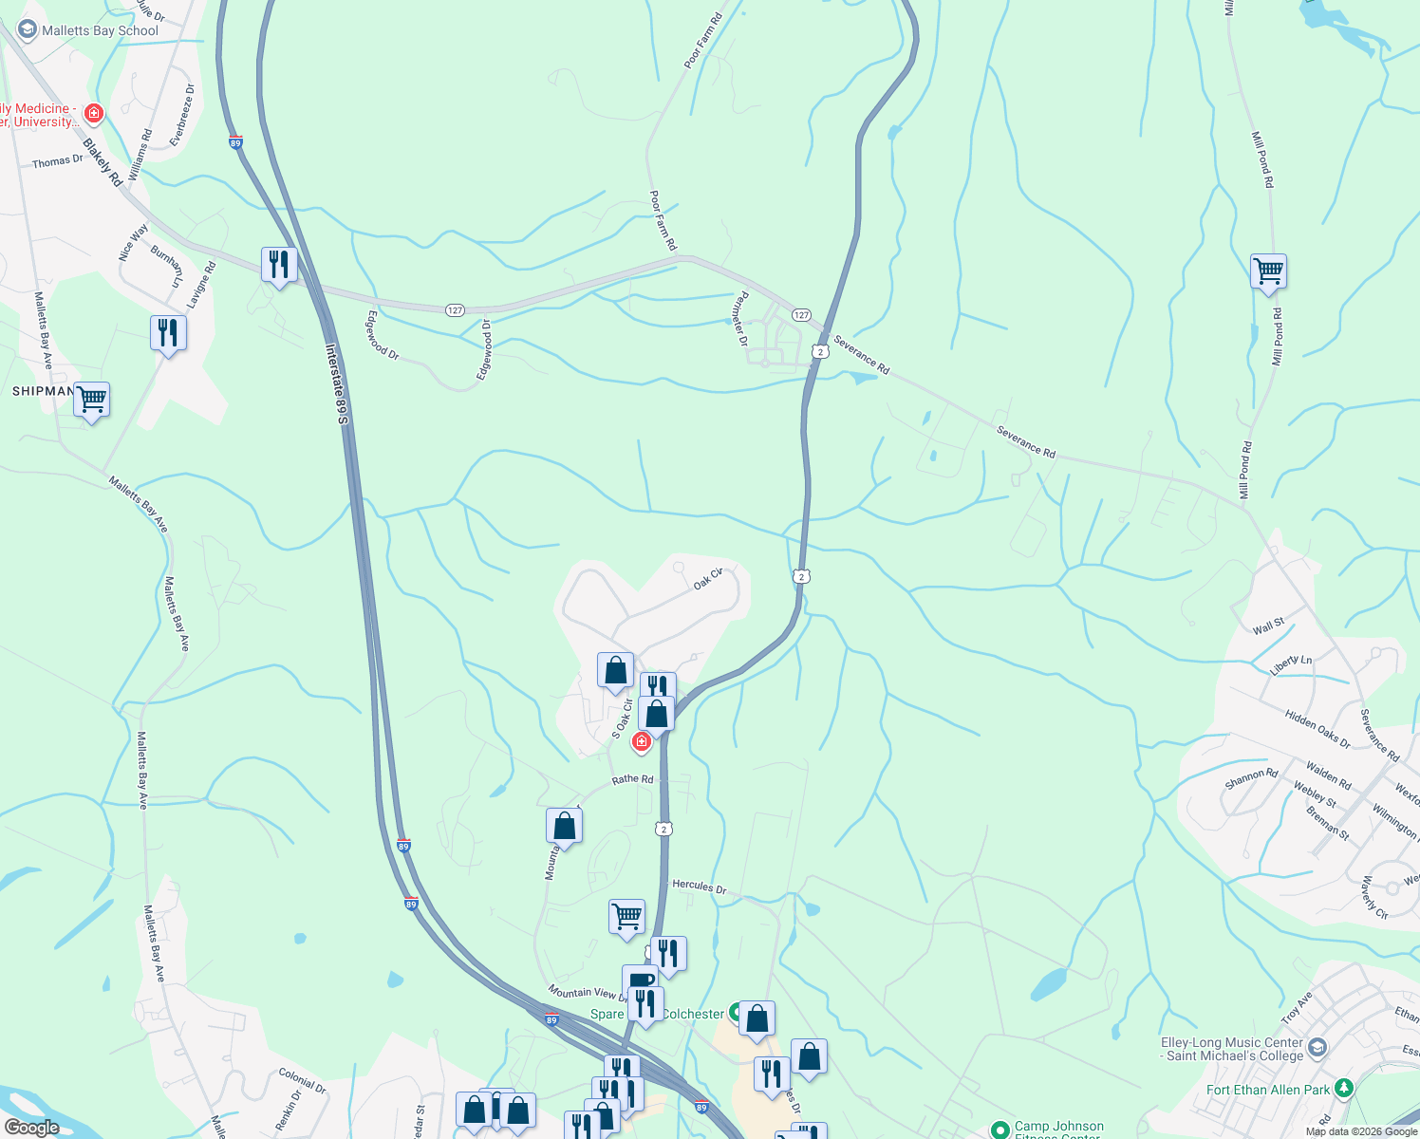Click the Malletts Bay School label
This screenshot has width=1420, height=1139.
(100, 30)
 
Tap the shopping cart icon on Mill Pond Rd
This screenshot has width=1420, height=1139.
(1268, 272)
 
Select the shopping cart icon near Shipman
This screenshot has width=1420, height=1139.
(92, 401)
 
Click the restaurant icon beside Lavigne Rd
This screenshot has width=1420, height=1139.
(168, 333)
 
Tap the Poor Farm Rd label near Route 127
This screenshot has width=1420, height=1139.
(663, 220)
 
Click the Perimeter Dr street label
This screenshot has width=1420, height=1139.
(741, 318)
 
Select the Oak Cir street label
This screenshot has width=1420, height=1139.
(708, 579)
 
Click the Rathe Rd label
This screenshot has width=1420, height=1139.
(632, 779)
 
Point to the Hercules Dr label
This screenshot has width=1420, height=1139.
(699, 887)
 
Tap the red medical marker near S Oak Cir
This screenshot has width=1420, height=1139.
(642, 741)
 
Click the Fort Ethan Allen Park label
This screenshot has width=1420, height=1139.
(1268, 1090)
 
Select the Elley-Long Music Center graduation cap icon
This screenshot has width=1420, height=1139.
(1317, 1048)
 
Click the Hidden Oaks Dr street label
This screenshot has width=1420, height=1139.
(1317, 728)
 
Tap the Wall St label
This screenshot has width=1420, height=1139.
(1268, 626)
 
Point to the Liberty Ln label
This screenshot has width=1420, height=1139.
(1291, 664)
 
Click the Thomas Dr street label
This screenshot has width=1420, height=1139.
(58, 162)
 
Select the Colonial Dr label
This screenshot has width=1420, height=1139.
(303, 1080)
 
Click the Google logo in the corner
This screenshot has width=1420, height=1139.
(31, 1128)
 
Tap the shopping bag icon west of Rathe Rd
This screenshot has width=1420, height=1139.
(564, 827)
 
